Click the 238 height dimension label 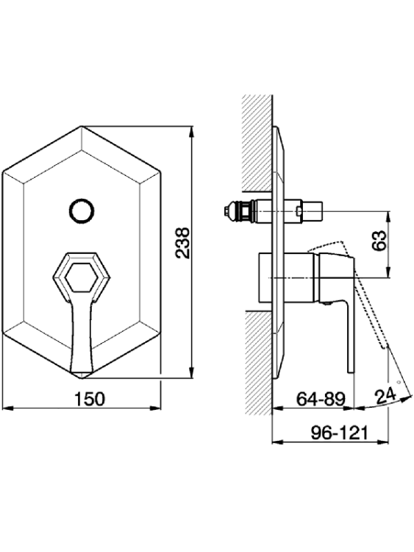point(183,243)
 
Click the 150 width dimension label point(90,399)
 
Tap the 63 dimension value point(379,241)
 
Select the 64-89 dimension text point(321,399)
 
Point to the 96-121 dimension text point(340,433)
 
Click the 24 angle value point(385,397)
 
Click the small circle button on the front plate point(82,211)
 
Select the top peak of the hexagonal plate point(82,126)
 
